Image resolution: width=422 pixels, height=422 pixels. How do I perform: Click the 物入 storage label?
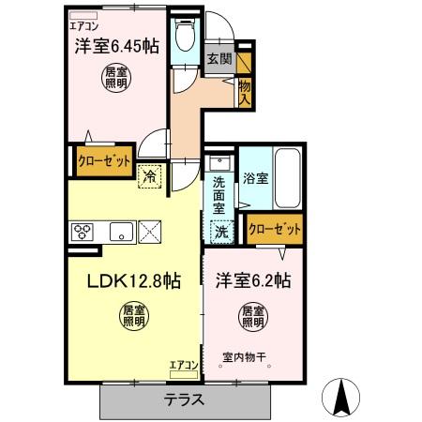(x=245, y=91)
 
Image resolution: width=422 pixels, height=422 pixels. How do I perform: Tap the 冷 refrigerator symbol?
(x=150, y=175)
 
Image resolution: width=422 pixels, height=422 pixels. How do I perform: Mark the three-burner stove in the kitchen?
(x=82, y=231)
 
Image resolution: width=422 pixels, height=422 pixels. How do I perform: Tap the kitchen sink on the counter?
(x=120, y=231)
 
